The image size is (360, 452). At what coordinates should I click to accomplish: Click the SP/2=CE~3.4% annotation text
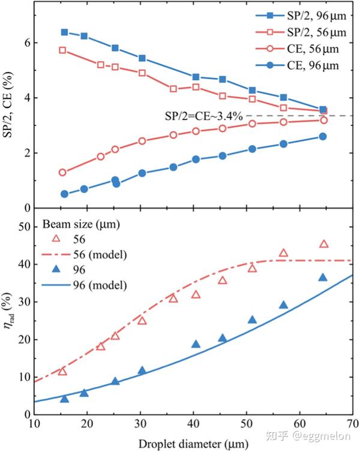click(x=203, y=116)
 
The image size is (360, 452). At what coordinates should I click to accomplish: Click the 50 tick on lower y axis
click(x=25, y=227)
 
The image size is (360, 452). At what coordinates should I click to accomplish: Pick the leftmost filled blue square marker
click(x=64, y=32)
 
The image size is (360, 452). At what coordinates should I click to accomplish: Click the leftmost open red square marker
click(x=62, y=50)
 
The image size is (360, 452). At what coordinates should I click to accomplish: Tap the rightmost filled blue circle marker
click(x=323, y=136)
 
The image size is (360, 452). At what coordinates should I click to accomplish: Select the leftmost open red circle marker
click(x=62, y=172)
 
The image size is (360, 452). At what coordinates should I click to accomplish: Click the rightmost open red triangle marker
click(x=324, y=243)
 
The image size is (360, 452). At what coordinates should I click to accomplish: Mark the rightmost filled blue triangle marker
click(x=323, y=277)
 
